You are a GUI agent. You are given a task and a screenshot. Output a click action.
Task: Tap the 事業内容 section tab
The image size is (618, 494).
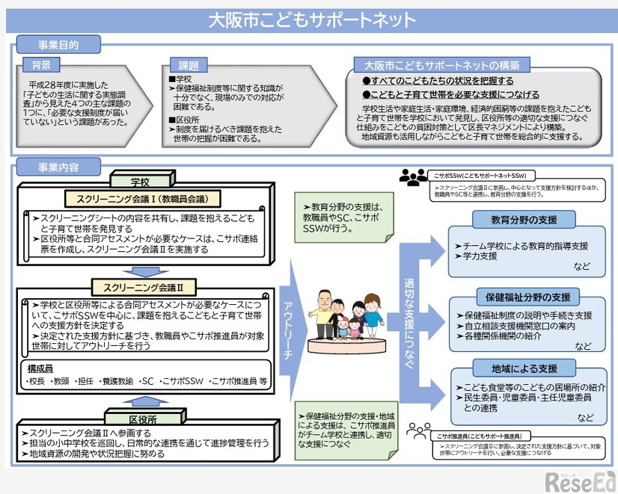58,167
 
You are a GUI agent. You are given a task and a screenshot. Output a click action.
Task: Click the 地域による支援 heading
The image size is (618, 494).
524,368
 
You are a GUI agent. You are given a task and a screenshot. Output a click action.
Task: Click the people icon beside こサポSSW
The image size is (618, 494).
414,178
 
